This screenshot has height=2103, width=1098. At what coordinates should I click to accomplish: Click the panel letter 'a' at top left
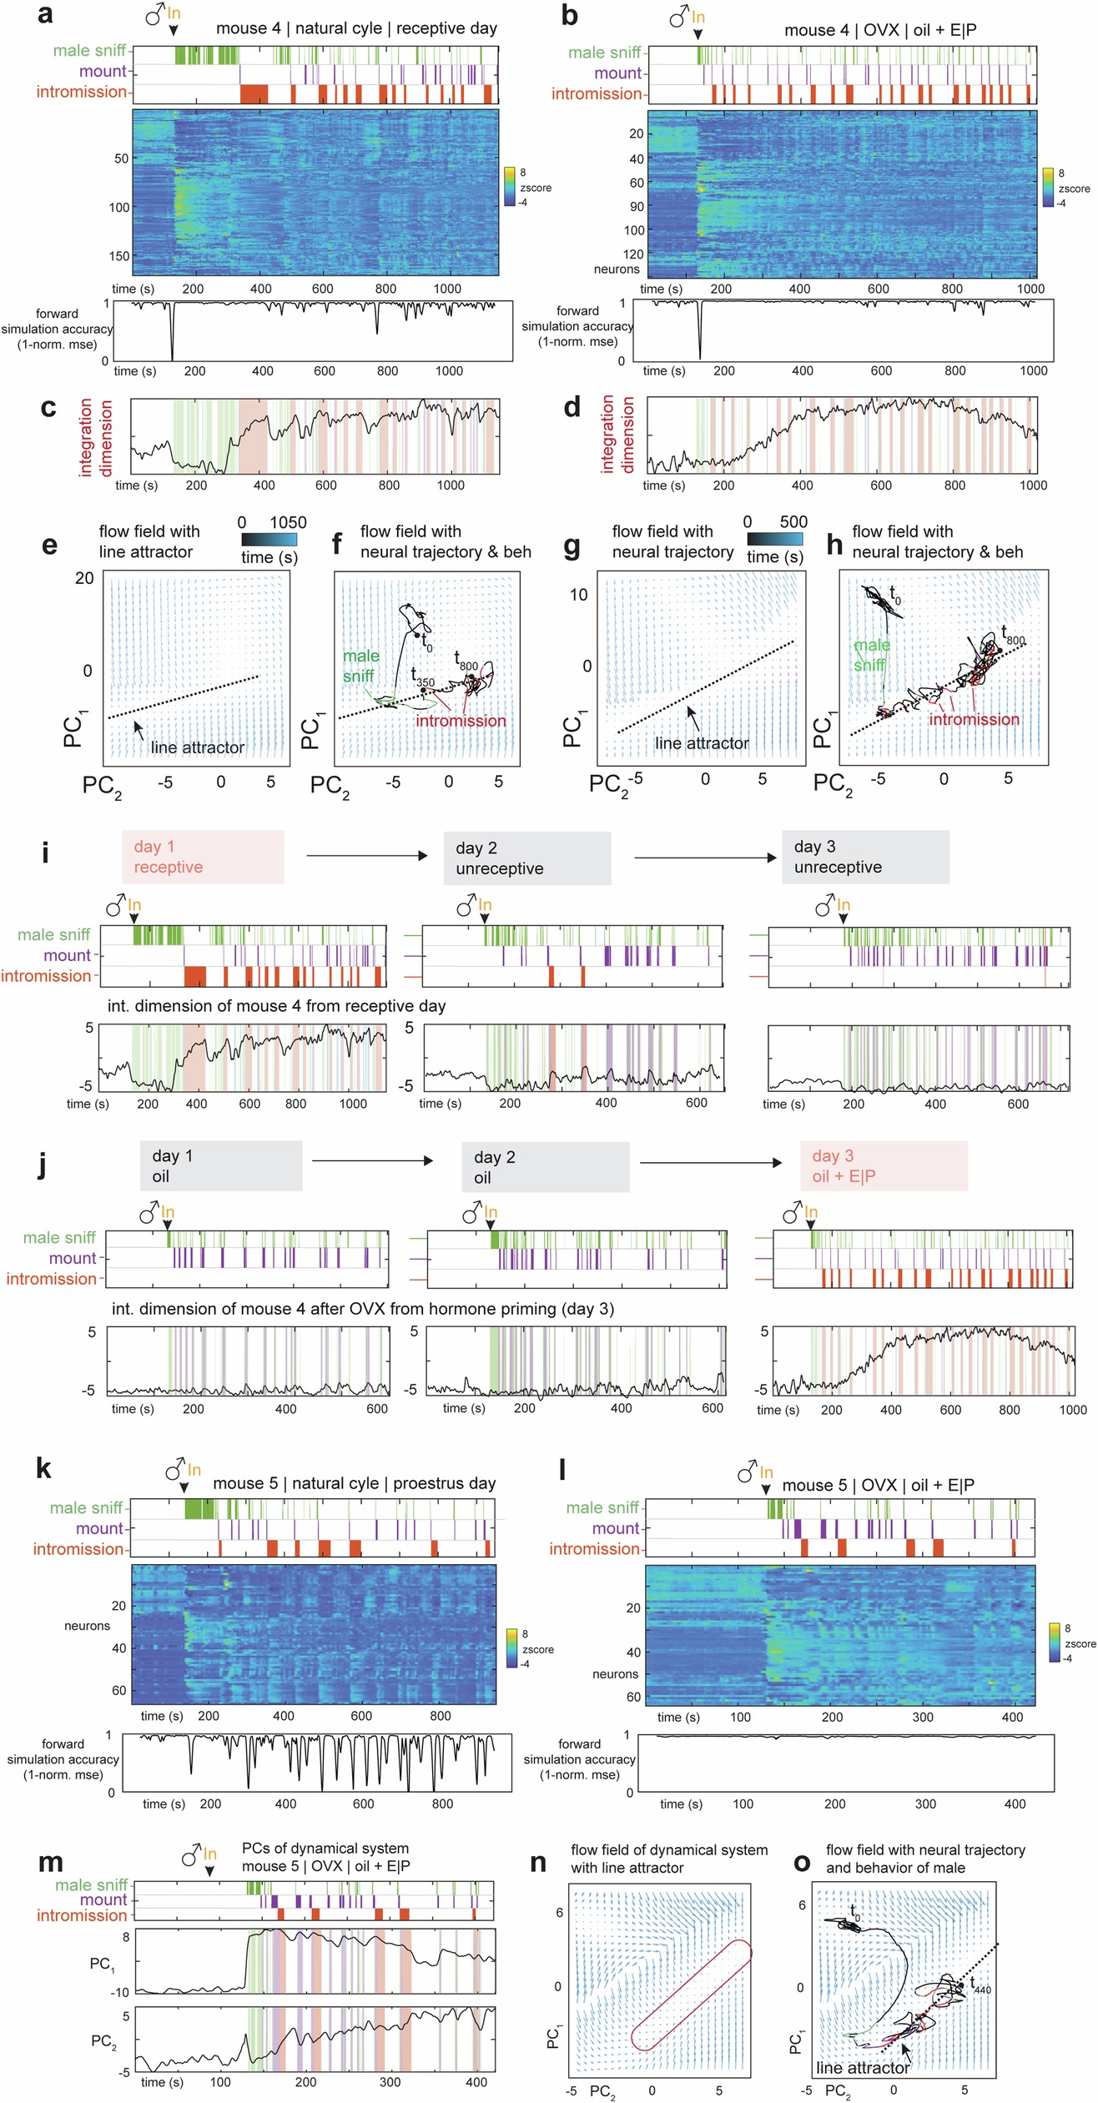46,14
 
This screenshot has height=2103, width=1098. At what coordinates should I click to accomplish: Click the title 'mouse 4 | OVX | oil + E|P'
879,30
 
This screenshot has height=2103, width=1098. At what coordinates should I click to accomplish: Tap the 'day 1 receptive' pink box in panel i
203,857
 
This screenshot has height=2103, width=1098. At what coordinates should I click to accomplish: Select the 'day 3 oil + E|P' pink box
883,1165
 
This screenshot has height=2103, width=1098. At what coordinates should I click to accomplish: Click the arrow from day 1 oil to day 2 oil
372,1160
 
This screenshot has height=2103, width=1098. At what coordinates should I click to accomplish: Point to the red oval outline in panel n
692,1995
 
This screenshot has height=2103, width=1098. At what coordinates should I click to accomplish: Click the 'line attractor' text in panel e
197,747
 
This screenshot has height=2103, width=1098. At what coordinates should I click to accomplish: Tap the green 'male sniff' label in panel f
360,666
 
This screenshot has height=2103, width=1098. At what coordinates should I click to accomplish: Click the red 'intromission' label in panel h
974,719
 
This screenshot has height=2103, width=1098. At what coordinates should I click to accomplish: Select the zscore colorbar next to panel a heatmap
509,187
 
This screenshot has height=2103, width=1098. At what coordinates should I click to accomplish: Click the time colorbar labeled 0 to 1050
269,540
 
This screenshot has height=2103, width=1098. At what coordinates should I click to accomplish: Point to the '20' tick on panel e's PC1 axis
84,578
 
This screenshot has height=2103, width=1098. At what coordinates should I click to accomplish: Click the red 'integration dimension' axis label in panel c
95,438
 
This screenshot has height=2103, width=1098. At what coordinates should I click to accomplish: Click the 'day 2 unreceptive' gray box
526,858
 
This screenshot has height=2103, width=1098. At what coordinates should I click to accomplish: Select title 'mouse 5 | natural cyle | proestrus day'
354,1483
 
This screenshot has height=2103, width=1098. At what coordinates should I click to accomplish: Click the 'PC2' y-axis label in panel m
103,2040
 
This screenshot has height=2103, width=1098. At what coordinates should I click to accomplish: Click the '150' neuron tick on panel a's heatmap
118,256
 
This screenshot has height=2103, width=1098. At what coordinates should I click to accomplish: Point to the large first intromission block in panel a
254,93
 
